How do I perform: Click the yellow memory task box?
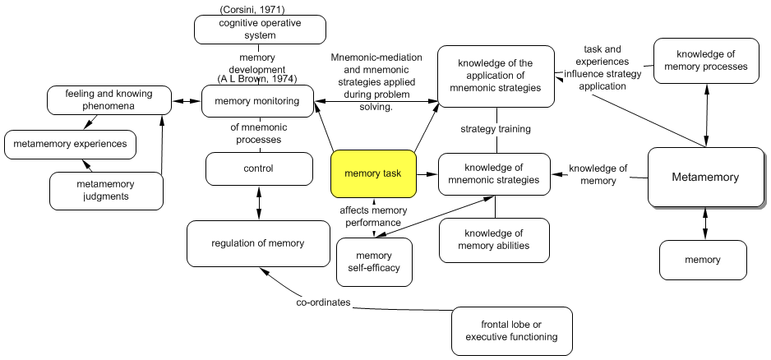tap(373, 174)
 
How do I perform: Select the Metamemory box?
tap(705, 177)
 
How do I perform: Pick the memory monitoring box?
tap(258, 102)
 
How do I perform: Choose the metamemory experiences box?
tap(70, 145)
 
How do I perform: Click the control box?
tap(258, 168)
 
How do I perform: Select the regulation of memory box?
tap(257, 243)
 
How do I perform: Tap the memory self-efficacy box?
tap(374, 261)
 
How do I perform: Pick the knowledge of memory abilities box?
tap(494, 239)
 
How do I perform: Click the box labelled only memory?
tap(702, 260)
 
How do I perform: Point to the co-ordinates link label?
tap(323, 302)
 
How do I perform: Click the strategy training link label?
tap(495, 129)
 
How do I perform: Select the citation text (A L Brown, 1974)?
tap(257, 79)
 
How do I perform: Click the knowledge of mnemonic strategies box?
tap(494, 173)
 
